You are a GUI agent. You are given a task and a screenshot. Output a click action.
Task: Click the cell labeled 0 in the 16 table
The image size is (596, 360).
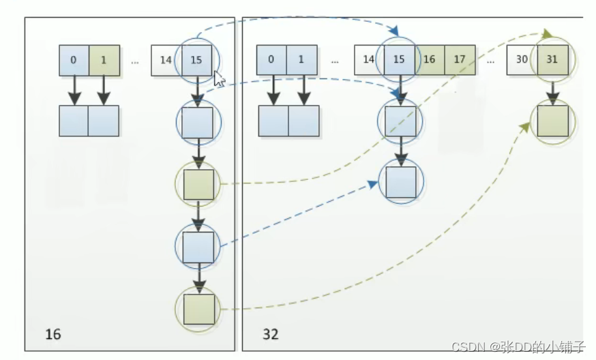[x=74, y=60]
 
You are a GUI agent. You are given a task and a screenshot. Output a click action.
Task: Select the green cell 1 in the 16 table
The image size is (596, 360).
[x=104, y=60]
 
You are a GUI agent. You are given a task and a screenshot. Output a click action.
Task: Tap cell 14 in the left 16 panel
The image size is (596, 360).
[x=166, y=60]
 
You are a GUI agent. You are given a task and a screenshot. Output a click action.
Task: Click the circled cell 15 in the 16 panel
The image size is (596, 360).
[x=196, y=60]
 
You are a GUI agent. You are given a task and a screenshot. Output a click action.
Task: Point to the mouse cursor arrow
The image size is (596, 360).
[x=219, y=79]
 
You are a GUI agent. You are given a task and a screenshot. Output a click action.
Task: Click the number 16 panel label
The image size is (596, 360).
[x=53, y=334]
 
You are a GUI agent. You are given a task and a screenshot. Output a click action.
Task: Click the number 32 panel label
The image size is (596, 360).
[x=271, y=334]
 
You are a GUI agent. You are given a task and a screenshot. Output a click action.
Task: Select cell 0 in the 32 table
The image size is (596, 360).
[x=271, y=60]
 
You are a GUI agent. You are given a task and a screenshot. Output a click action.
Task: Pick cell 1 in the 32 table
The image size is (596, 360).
[x=302, y=60]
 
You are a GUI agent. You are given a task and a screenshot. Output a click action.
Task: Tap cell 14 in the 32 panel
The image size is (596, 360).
[x=369, y=60]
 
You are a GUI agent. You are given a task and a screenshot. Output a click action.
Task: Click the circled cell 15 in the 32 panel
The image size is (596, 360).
[x=400, y=60]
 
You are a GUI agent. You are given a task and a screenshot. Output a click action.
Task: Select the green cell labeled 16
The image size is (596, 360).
[x=430, y=60]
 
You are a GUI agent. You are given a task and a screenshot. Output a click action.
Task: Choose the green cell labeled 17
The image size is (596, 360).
[x=460, y=60]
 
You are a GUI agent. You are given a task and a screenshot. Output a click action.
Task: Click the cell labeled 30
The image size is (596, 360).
[x=522, y=60]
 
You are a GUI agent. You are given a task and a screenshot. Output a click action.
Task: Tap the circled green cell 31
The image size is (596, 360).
[x=552, y=60]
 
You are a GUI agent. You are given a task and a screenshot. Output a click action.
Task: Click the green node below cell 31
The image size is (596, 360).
[x=552, y=121]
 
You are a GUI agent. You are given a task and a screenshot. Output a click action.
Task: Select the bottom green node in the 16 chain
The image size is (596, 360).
[x=198, y=309]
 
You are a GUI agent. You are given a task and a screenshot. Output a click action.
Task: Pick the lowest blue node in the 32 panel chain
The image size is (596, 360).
[x=401, y=182]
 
